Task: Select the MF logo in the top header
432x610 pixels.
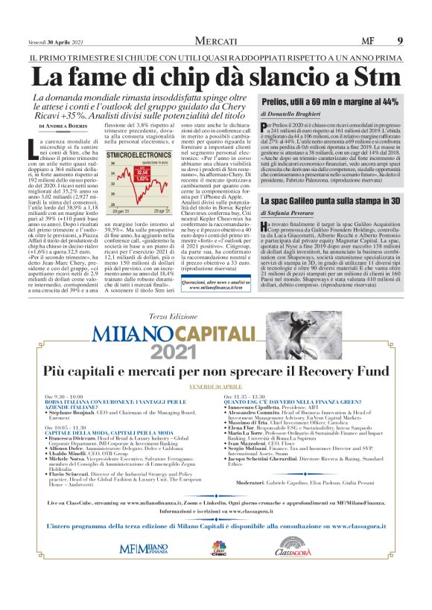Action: click(368, 39)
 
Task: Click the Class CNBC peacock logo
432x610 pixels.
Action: click(219, 549)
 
